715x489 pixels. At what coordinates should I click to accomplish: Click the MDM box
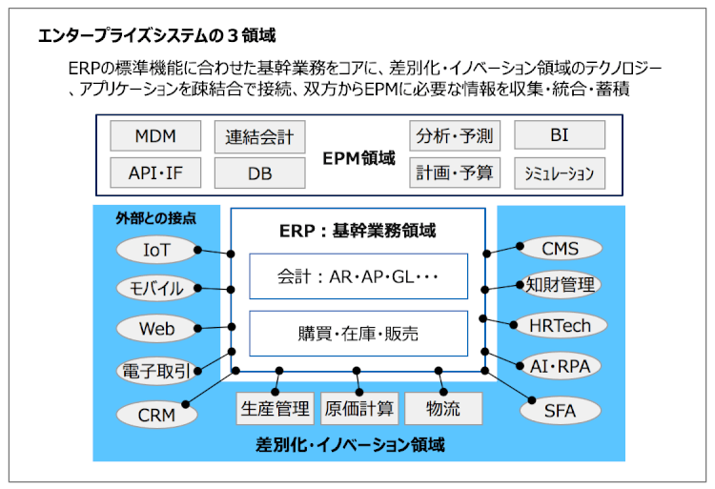coord(155,135)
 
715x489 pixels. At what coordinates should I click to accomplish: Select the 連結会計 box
coord(259,136)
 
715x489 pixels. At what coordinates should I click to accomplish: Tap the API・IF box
coord(155,173)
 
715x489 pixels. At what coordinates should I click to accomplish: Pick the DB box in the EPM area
coord(259,173)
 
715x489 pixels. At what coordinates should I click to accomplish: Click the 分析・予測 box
coord(454,135)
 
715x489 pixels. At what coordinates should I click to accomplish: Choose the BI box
coord(559,135)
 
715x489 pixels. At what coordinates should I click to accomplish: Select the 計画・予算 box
coord(454,173)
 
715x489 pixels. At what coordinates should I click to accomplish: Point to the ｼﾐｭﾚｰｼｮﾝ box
coord(559,173)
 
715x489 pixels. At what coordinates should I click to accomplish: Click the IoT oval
coord(156,249)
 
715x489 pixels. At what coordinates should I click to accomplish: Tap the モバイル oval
coord(156,288)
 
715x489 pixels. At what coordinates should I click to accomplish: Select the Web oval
coord(156,329)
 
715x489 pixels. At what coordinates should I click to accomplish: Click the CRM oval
coord(156,414)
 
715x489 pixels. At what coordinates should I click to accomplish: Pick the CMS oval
coord(560,249)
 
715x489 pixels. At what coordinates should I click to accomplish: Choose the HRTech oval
coord(560,325)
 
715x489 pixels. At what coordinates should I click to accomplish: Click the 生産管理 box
coord(275,408)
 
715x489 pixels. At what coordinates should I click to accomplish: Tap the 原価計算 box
coord(358,408)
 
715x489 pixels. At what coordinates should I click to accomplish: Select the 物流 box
coord(443,408)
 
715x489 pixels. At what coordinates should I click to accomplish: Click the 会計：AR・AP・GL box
coord(358,276)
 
